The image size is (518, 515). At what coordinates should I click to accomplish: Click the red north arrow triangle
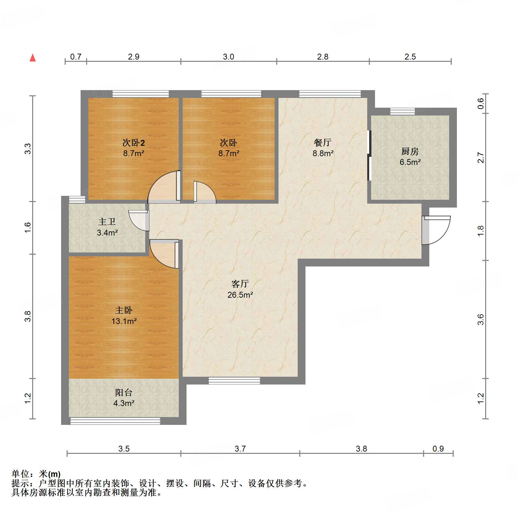tap(32, 58)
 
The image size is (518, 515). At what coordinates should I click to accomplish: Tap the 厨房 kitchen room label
tap(410, 151)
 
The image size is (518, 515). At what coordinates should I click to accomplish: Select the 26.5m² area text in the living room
tap(240, 295)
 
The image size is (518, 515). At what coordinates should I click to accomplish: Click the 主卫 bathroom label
tap(107, 222)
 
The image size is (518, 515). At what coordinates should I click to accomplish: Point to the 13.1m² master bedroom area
tap(124, 321)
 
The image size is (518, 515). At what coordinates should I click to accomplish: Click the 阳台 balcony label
tap(123, 392)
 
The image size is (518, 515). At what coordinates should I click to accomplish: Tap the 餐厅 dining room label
tap(323, 142)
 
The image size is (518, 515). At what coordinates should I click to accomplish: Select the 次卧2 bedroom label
tap(134, 142)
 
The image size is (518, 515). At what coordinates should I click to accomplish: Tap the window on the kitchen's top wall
tap(402, 112)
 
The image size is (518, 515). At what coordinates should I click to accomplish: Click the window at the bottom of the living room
tap(234, 381)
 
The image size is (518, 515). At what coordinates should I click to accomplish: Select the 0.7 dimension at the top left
tap(76, 57)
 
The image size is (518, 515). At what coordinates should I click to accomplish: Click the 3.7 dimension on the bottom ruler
tap(240, 449)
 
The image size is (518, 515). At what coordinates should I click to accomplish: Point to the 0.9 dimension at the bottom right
tap(438, 449)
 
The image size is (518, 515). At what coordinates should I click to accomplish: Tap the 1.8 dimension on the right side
tap(481, 231)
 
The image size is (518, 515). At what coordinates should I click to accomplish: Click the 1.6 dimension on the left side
tap(28, 227)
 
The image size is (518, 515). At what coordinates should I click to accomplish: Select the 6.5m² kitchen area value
tap(410, 162)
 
